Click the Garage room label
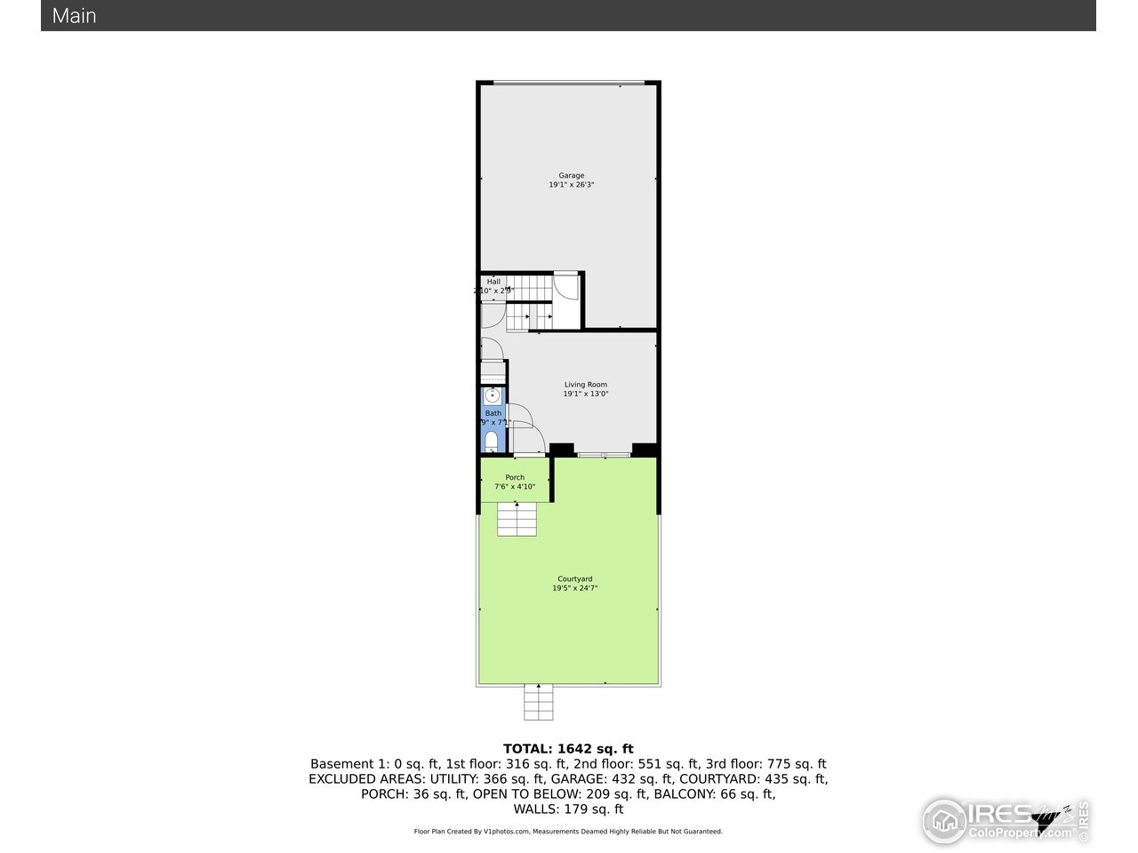(x=571, y=175)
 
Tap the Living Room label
(x=585, y=385)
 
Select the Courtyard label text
(x=574, y=579)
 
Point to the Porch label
(x=515, y=478)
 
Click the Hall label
(x=493, y=282)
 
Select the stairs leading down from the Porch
(x=517, y=518)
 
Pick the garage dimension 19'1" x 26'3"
(x=571, y=185)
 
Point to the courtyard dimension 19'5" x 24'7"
(x=574, y=588)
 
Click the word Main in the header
(x=75, y=16)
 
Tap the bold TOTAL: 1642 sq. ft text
(x=568, y=749)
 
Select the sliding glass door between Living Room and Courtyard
(x=604, y=456)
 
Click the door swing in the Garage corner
(x=565, y=288)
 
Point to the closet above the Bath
(x=493, y=372)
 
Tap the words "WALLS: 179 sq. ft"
(x=568, y=809)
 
